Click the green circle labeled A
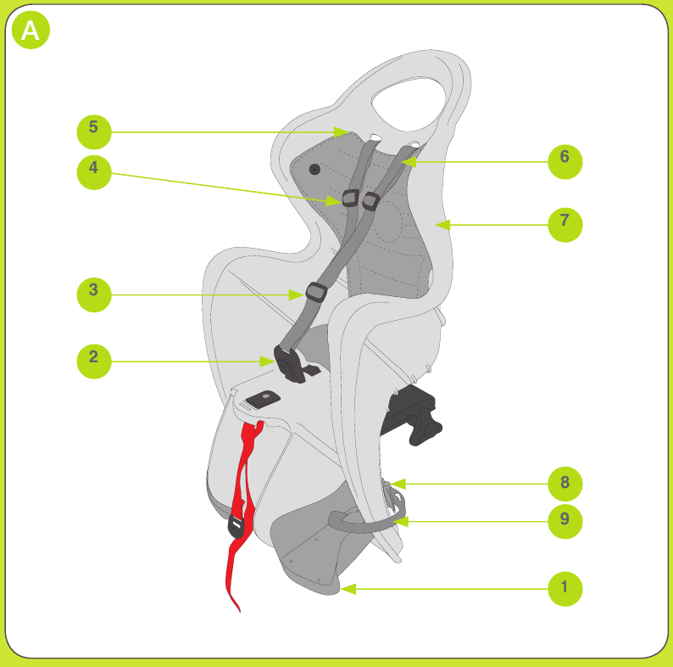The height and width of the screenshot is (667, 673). [x=31, y=30]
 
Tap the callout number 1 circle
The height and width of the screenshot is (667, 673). [x=565, y=589]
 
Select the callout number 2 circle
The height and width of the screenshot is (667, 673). [x=94, y=362]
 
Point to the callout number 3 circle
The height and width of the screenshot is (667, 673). [x=94, y=294]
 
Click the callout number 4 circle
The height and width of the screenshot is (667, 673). [x=94, y=172]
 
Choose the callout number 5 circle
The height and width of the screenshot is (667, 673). [x=94, y=132]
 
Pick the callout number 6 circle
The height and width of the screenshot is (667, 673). [x=565, y=161]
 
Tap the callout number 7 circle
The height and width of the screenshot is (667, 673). [x=565, y=225]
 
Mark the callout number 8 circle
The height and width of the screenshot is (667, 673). [x=565, y=484]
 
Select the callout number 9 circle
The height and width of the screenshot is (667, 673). [x=565, y=521]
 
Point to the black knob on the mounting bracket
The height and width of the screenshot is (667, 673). [x=424, y=425]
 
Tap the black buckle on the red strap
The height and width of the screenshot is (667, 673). [x=236, y=525]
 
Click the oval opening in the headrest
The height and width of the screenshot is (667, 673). [x=408, y=104]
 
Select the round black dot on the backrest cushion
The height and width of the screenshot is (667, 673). [x=314, y=170]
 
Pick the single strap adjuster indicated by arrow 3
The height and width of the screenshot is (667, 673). [x=316, y=293]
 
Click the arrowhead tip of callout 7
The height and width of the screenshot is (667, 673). [x=436, y=225]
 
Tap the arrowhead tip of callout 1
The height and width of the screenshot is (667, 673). [x=341, y=589]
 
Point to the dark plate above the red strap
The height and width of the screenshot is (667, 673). [x=263, y=399]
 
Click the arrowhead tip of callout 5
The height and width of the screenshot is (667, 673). [x=350, y=132]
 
